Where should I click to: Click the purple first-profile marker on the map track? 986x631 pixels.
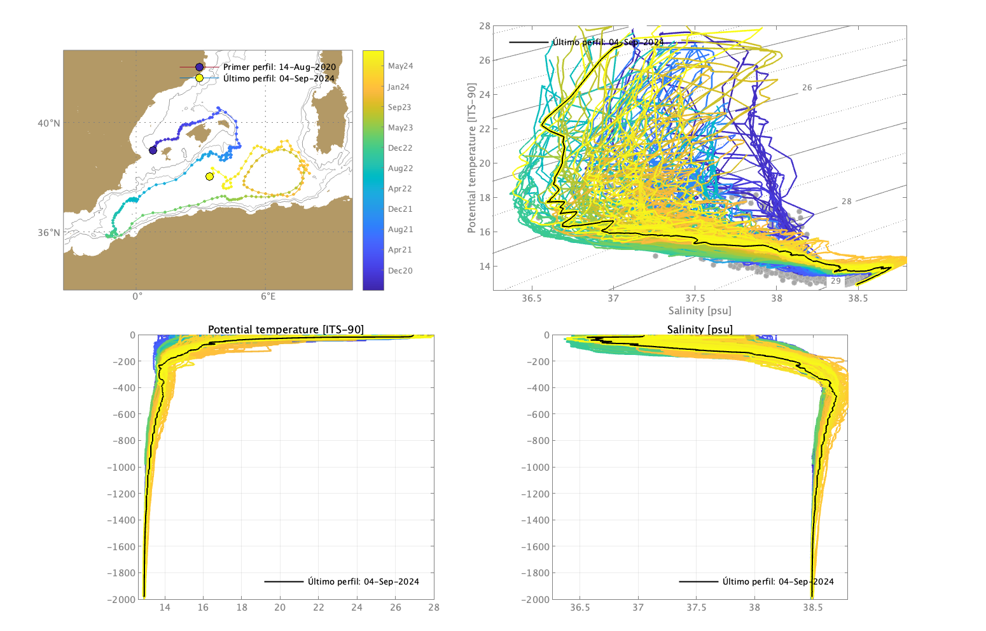pos(153,150)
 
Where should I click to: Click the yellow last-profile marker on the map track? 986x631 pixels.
pos(209,176)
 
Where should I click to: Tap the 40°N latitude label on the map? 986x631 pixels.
pos(49,123)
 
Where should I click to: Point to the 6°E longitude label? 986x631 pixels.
pos(268,296)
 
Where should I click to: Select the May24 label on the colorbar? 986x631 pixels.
pos(400,66)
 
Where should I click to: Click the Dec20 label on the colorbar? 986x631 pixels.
pos(400,271)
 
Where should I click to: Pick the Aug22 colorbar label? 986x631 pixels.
pos(400,169)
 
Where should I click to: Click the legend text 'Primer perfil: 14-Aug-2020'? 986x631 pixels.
pos(279,67)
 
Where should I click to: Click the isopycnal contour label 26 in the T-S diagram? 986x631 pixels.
pos(807,88)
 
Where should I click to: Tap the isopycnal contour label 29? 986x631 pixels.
pos(835,281)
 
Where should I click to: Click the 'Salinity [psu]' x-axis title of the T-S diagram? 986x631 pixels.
pos(700,310)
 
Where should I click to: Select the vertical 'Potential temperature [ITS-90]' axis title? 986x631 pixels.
pos(472,158)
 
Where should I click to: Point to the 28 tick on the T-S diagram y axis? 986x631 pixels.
pos(485,26)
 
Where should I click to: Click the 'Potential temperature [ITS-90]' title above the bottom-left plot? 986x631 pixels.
pos(286,329)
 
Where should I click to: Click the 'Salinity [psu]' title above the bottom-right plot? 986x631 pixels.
pos(700,329)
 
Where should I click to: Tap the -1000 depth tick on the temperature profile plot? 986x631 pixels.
pos(119,467)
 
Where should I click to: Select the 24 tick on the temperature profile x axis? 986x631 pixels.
pos(357,607)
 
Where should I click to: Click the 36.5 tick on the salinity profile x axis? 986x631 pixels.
pos(580,607)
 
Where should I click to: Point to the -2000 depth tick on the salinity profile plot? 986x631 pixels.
pos(534,599)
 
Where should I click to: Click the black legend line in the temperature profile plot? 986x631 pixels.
pos(284,581)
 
